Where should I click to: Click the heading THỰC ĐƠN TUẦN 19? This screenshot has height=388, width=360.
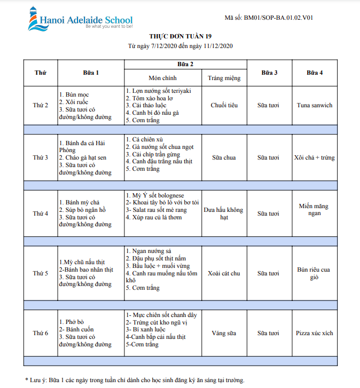click(x=180, y=36)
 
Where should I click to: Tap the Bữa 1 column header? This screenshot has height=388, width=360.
click(x=90, y=72)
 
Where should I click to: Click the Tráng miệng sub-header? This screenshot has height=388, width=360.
click(x=224, y=78)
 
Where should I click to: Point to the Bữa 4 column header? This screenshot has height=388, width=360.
click(x=315, y=72)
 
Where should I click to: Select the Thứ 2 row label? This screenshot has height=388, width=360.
click(x=40, y=105)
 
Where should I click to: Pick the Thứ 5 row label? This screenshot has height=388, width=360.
click(x=40, y=273)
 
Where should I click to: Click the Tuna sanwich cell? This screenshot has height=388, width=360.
click(x=315, y=105)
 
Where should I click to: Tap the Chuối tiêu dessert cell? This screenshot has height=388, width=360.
click(x=224, y=105)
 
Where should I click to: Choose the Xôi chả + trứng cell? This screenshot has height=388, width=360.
click(x=315, y=157)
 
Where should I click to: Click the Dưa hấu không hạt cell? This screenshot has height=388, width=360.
click(x=224, y=213)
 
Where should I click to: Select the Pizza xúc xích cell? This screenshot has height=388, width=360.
click(x=315, y=333)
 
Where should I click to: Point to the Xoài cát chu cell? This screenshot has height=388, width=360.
click(x=224, y=273)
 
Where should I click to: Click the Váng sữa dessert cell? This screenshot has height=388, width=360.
click(x=224, y=333)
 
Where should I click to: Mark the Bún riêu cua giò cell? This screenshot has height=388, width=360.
click(x=315, y=273)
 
